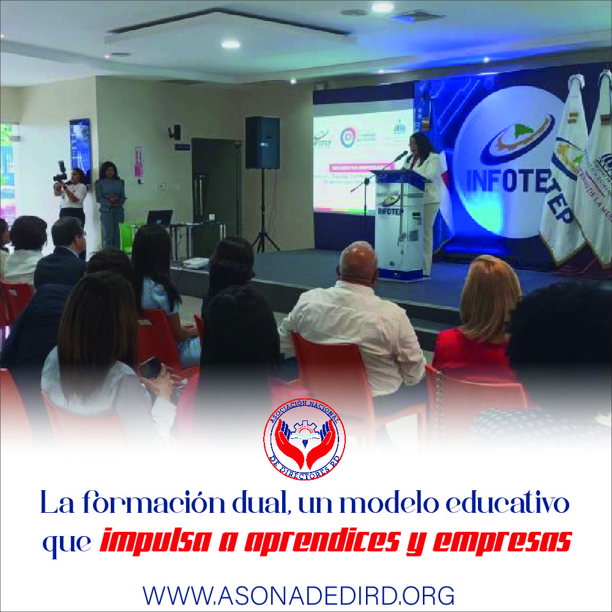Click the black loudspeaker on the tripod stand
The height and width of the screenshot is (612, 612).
pos(262,143)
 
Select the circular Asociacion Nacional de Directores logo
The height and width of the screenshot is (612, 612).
pos(304,439)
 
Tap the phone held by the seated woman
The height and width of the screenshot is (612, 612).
pos(150,367)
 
